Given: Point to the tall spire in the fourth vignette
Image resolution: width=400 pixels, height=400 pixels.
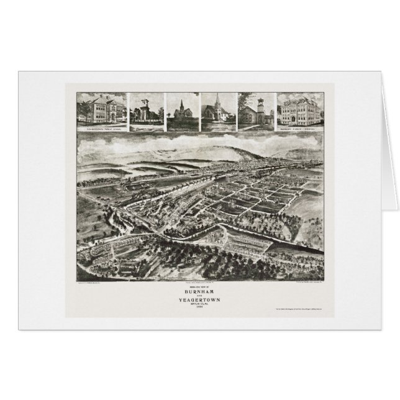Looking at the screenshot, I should pos(218,101).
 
